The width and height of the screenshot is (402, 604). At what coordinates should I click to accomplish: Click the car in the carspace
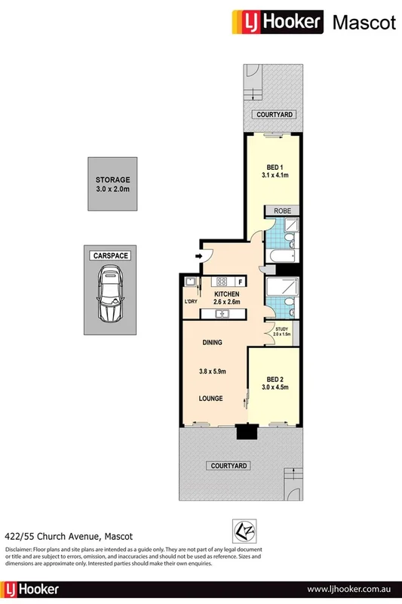pyautogui.click(x=111, y=296)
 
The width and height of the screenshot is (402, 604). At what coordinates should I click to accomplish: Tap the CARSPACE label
pyautogui.click(x=111, y=256)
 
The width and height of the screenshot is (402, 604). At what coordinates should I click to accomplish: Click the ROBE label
pyautogui.click(x=283, y=211)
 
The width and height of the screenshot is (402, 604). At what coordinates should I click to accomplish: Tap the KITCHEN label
pyautogui.click(x=227, y=294)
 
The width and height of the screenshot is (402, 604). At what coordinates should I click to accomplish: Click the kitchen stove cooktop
pyautogui.click(x=222, y=281)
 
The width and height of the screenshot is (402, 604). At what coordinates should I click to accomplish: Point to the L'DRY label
pyautogui.click(x=191, y=302)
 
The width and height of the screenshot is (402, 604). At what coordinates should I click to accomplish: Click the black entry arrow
pyautogui.click(x=199, y=256)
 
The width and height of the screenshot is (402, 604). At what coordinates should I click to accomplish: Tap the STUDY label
pyautogui.click(x=282, y=328)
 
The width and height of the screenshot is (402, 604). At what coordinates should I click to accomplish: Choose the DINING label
pyautogui.click(x=212, y=342)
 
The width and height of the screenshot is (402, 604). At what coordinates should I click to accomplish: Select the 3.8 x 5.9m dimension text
pyautogui.click(x=212, y=371)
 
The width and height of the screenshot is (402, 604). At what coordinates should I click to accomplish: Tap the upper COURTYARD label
pyautogui.click(x=274, y=114)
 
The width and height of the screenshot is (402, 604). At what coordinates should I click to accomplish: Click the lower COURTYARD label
pyautogui.click(x=227, y=466)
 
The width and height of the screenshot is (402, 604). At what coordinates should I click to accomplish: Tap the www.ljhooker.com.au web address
pyautogui.click(x=349, y=588)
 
